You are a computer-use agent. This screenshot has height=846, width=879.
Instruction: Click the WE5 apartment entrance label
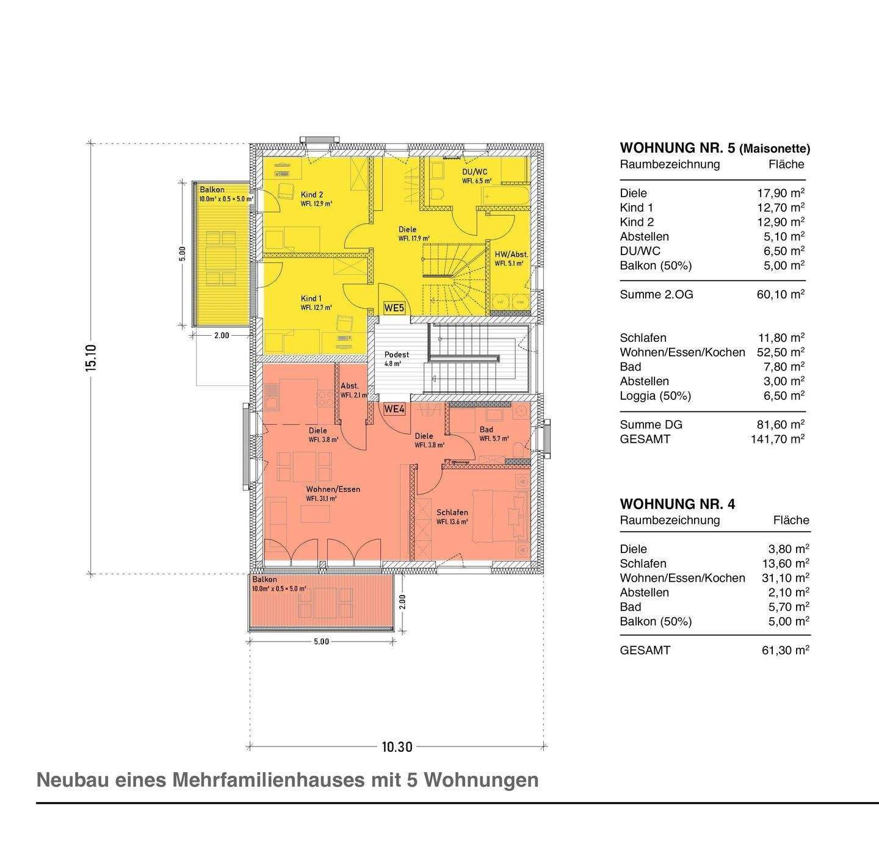point(394,308)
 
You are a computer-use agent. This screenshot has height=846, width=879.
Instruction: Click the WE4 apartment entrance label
point(394,410)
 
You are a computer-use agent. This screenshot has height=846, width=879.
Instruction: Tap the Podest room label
point(396,355)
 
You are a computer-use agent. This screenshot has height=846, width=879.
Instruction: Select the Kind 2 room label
point(311,195)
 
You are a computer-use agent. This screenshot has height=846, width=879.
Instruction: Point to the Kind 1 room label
point(311,298)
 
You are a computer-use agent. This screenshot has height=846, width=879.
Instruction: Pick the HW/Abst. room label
point(511,255)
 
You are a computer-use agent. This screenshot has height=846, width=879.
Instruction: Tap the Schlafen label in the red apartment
point(452,513)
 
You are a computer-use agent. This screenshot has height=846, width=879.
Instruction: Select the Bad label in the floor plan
point(486,430)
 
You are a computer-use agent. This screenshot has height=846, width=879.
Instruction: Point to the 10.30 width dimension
point(397,747)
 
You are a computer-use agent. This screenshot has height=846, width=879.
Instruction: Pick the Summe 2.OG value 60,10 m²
point(780,294)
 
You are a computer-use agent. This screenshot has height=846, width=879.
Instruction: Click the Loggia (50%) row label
point(655,396)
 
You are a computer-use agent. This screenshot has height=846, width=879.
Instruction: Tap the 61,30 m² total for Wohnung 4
point(785,650)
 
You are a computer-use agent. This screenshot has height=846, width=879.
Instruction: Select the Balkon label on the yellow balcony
point(212,190)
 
